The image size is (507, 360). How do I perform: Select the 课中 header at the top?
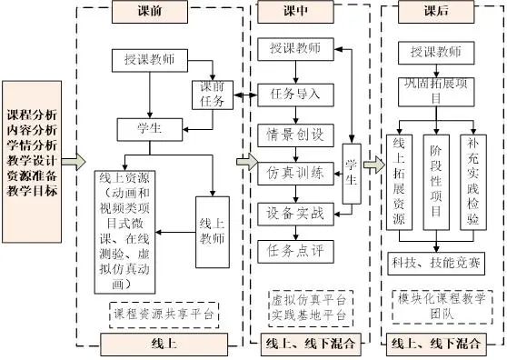tap(295, 11)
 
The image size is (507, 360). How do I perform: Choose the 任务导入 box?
tap(295, 93)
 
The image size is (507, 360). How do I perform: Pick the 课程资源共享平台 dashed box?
tap(164, 314)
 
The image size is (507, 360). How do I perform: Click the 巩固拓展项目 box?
tap(441, 92)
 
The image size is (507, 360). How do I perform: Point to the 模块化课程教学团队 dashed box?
tap(441, 305)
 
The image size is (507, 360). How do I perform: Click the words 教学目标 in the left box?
tap(33, 192)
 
